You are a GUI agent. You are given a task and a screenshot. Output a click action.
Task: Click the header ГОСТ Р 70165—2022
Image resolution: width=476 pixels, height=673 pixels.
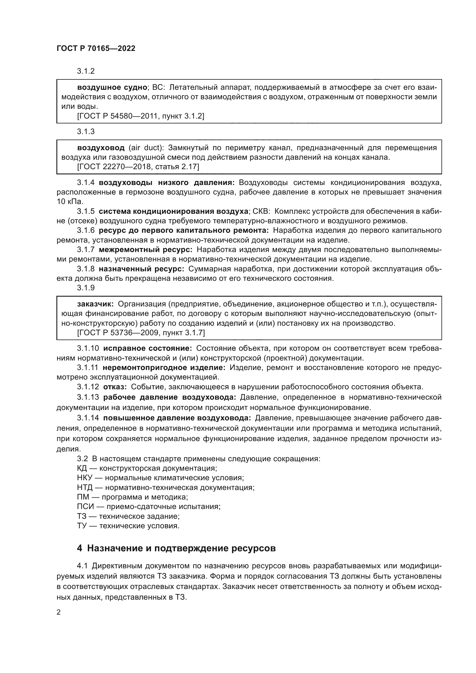pos(96,49)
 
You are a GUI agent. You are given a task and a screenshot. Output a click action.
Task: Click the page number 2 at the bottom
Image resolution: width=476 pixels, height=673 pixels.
pos(59,612)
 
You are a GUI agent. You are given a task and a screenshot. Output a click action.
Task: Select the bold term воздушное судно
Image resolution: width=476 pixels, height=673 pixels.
pos(112,87)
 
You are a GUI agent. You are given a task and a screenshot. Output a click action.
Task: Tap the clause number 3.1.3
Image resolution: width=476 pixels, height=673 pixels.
pos(85,131)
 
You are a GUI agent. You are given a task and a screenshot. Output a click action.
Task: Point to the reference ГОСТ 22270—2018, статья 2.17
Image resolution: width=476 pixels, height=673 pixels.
pos(138,167)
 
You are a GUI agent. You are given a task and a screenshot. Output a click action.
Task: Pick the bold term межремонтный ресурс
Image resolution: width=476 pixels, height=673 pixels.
pos(145,250)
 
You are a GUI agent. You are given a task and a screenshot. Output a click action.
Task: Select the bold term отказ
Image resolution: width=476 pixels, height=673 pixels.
pos(115,387)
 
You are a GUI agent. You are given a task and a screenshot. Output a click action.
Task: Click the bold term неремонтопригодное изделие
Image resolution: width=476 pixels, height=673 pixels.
pos(164,367)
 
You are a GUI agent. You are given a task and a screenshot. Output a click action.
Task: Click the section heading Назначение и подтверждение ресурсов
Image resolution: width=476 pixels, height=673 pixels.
pos(181,548)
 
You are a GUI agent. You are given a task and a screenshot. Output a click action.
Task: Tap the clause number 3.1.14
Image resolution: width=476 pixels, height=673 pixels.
pos(88,418)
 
